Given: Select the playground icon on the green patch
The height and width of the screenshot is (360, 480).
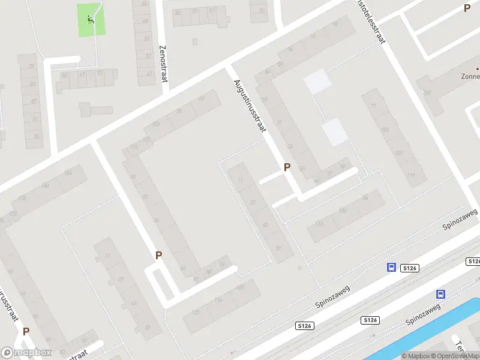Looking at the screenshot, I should (91, 19).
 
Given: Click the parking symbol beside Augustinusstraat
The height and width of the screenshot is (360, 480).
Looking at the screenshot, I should (287, 167).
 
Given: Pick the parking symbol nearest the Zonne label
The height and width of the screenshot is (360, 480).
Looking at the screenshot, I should (467, 8).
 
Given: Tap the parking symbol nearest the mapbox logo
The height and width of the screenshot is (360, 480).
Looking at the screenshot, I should (26, 331).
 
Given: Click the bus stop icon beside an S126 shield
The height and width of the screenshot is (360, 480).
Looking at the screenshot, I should (391, 268).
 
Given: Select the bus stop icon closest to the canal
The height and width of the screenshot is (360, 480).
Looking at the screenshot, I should (440, 294).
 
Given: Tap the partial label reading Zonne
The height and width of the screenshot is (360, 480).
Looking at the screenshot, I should (469, 77).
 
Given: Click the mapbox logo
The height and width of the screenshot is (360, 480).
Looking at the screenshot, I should (26, 353).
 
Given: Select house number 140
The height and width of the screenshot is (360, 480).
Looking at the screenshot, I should (46, 185).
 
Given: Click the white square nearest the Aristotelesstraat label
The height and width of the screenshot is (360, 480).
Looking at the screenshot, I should (317, 82).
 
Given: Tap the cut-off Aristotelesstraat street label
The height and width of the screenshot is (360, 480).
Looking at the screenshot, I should (371, 24).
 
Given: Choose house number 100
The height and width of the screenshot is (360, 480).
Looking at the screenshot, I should (156, 124).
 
